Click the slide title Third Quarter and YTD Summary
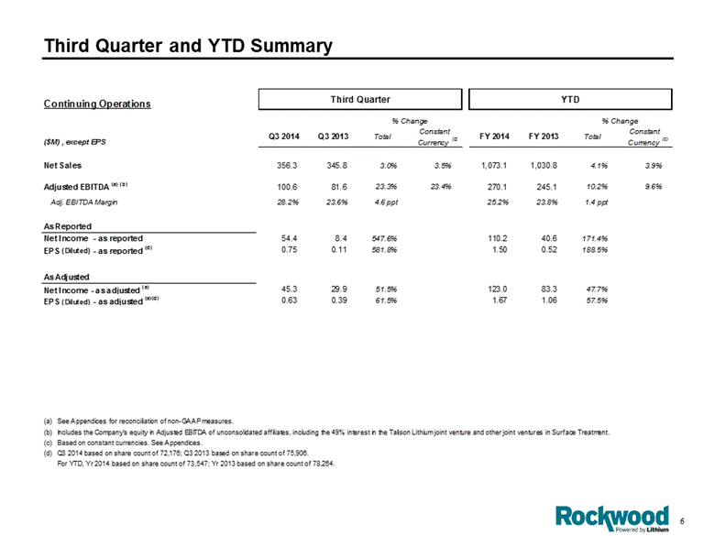(x=188, y=46)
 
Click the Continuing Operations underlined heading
(x=97, y=104)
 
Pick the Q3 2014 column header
(x=284, y=137)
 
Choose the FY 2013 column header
(x=544, y=137)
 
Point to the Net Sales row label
(x=62, y=166)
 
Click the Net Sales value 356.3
(x=287, y=166)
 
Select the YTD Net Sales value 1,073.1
(x=494, y=166)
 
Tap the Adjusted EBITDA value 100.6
(x=287, y=187)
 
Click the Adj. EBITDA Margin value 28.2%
(x=288, y=202)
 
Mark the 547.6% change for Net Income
(x=386, y=238)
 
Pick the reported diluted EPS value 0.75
(x=289, y=250)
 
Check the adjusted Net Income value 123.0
(x=497, y=289)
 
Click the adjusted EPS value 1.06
(x=549, y=301)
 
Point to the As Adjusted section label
(x=67, y=277)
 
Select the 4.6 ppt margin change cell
(x=386, y=202)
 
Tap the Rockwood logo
(x=612, y=519)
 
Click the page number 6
(x=682, y=521)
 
